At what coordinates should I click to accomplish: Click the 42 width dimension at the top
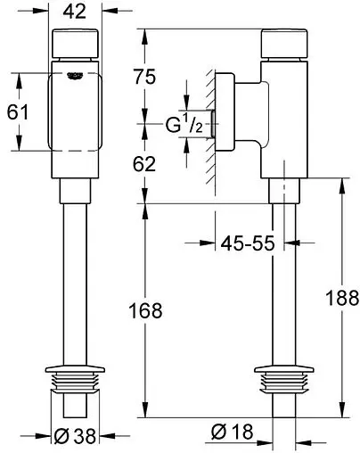pos(75,12)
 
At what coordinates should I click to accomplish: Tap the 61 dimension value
pos(18,112)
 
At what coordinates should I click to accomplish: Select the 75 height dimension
pos(144,77)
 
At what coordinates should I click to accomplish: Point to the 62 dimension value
pos(144,164)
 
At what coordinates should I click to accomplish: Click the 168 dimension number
pos(145,310)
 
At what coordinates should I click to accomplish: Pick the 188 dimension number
pos(342,298)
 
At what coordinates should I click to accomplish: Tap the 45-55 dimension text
pos(248,243)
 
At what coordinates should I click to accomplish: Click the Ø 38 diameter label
pos(75,436)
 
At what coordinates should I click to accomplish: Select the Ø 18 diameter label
pos(232,432)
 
